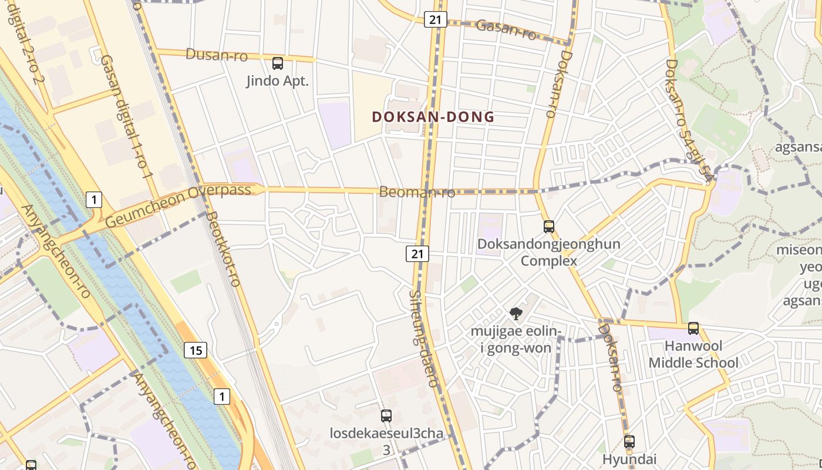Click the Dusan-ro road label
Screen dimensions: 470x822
coord(217,55)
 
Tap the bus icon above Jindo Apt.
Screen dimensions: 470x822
coord(278,63)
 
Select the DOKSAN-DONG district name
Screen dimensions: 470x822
coord(433,117)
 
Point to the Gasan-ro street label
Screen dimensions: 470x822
coord(506,29)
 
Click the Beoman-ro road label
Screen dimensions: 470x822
coord(417,192)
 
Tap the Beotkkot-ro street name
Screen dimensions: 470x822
coord(223,249)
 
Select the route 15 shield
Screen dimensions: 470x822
coord(196,350)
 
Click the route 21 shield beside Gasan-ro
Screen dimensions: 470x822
coord(435,19)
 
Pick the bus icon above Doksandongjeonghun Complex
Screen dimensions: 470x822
coord(549,226)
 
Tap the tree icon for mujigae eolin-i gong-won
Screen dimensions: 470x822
coord(516,314)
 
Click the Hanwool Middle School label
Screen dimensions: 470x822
coord(693,354)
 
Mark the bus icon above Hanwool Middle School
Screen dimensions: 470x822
coord(693,328)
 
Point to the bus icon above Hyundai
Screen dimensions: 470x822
coord(629,441)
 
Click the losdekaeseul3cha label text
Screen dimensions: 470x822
coord(386,435)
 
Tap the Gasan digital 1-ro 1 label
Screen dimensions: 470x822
coord(126,117)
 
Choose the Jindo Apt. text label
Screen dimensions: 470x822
coord(277,81)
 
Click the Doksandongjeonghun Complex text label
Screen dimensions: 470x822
coord(549,252)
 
